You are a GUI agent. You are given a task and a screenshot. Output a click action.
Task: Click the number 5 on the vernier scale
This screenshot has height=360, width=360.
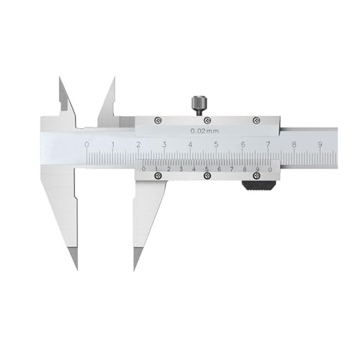pos(207,169)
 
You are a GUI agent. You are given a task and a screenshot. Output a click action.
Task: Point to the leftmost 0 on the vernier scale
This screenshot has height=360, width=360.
pos(145,169)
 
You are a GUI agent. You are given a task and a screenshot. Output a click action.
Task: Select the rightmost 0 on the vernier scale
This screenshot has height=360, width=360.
pos(269,169)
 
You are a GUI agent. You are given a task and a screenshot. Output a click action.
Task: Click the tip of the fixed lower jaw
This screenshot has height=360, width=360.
pos(75,268)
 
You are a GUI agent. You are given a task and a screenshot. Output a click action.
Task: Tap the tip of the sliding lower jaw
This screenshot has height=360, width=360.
pos(135,268)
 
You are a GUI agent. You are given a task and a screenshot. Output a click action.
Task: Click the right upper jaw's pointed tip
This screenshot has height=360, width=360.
pos(113,78)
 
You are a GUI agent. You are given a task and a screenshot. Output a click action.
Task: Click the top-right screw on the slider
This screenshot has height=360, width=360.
pos(255,120)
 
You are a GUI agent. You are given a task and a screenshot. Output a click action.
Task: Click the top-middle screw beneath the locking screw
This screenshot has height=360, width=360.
pos(207,120)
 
